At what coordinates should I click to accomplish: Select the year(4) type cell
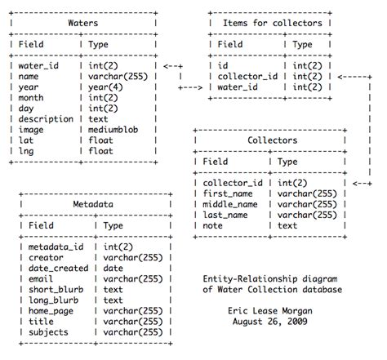pos(106,87)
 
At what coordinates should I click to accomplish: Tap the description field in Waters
pos(47,119)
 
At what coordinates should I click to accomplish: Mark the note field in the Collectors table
pos(215,225)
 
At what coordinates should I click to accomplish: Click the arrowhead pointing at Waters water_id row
pos(166,65)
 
